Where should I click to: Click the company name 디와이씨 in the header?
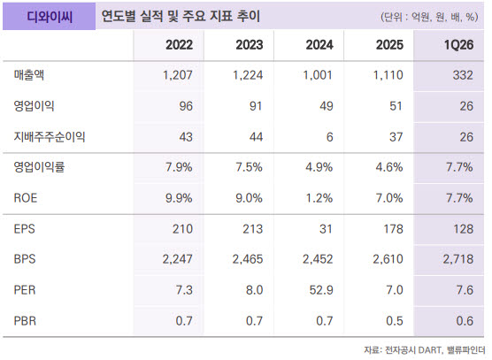click(50, 17)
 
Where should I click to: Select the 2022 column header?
click(179, 45)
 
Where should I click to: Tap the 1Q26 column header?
click(458, 45)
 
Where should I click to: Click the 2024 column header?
click(319, 45)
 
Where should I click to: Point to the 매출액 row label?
click(29, 75)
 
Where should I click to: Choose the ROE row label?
click(26, 198)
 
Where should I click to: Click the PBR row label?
click(25, 321)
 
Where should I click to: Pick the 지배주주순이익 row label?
click(50, 137)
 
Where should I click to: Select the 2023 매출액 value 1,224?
click(248, 75)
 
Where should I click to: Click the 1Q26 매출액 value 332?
click(463, 75)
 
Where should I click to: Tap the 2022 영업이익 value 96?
click(186, 106)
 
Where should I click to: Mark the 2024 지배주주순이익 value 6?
click(329, 137)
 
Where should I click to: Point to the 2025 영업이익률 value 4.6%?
click(389, 167)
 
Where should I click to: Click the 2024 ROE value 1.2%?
click(319, 198)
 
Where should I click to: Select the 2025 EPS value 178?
click(394, 229)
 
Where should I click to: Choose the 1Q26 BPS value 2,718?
click(458, 259)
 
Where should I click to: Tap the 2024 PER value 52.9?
click(321, 290)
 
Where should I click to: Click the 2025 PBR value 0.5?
click(394, 321)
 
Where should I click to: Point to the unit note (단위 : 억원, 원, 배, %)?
click(429, 17)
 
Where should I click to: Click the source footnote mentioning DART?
click(425, 349)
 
